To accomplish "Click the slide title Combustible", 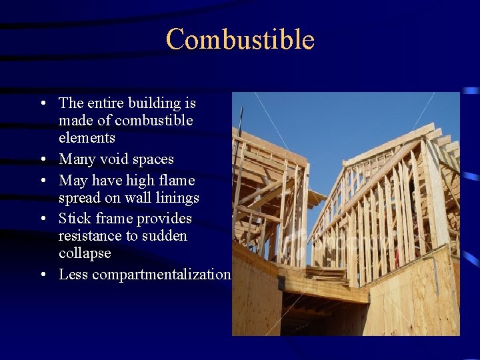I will (x=240, y=39).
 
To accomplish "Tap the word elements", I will (x=87, y=138).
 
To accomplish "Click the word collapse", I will (x=85, y=253).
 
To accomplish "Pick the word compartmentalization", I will (x=161, y=275).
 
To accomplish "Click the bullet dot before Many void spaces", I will (x=42, y=160).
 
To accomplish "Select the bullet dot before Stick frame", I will (x=42, y=219).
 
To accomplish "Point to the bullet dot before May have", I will (x=42, y=181).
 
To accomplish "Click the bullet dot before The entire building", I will (x=42, y=104).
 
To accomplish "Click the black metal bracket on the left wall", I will (x=281, y=283).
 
